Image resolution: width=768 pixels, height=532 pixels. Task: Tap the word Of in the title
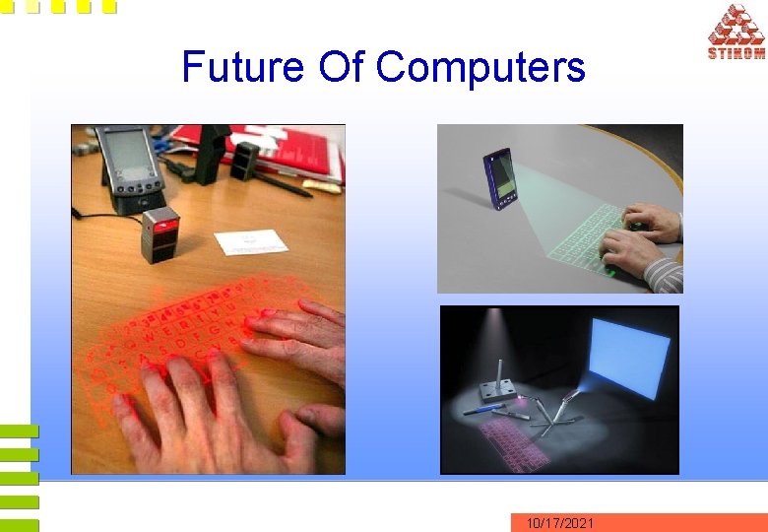click(341, 67)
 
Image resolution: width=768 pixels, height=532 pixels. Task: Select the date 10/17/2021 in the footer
click(559, 523)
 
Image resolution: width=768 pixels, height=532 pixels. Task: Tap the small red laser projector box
click(159, 235)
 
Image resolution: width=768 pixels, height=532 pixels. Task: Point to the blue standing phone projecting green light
click(500, 178)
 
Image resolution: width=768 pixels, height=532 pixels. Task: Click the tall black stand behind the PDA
click(213, 153)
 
